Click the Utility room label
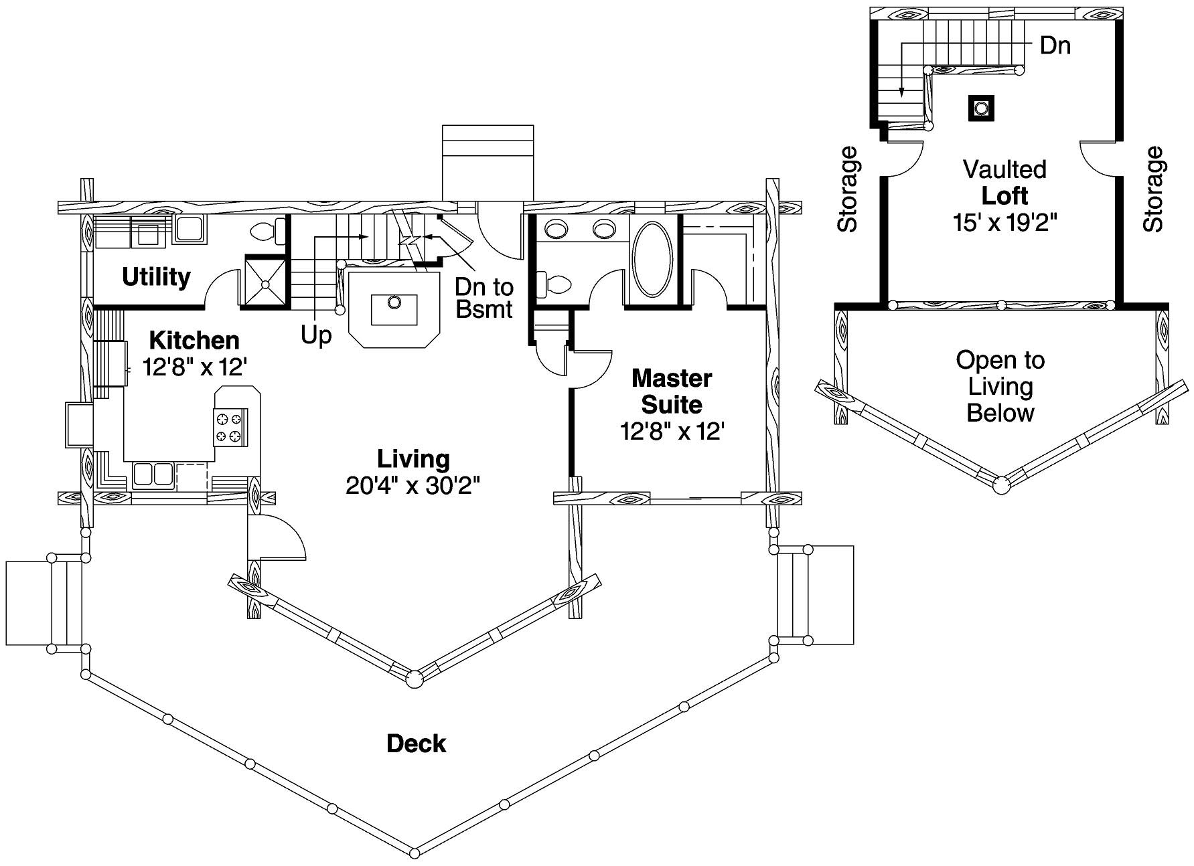156,277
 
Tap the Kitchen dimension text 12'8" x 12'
195,367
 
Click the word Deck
416,744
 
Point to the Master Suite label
671,392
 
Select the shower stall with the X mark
265,283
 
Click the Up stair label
315,335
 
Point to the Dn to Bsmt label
483,298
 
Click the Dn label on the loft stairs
1055,46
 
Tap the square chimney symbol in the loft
981,108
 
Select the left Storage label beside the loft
848,189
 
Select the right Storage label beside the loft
1153,189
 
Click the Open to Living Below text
1000,386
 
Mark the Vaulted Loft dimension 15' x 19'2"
1004,222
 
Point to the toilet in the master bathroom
554,285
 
